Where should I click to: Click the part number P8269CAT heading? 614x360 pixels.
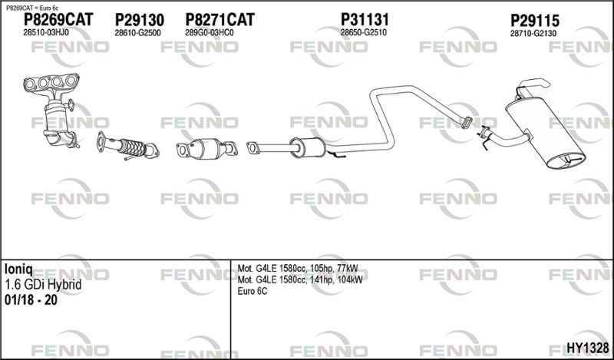pos(58,19)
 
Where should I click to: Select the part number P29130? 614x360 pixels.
pos(140,20)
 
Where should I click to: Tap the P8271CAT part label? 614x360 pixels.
pos(220,20)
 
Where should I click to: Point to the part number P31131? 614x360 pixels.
pos(365,19)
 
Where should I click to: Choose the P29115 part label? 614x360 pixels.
pos(534,21)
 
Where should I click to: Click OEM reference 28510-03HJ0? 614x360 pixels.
pos(46,32)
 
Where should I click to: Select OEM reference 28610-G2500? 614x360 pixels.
pos(137,33)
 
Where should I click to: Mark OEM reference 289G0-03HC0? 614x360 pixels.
pos(209,33)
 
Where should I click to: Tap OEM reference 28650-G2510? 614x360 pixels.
pos(363,32)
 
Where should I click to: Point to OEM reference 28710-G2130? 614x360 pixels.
pos(533,34)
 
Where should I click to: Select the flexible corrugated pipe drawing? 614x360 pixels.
pos(128,146)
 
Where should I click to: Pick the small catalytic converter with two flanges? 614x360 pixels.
pos(207,149)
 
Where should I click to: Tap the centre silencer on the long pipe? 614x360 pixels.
pos(308,147)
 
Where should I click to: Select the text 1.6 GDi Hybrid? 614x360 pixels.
pos(43,285)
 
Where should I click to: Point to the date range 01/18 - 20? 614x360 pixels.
pos(31,300)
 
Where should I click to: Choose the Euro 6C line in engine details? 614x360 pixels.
pos(253,292)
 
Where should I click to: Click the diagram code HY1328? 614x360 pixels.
pos(588,348)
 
